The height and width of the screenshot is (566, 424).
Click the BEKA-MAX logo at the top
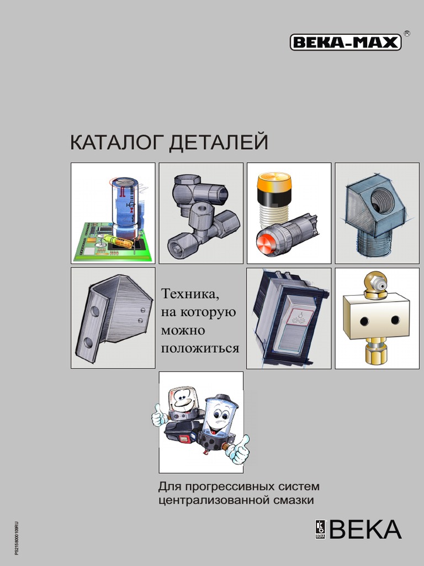coord(346,43)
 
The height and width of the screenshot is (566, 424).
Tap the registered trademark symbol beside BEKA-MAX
coord(407,33)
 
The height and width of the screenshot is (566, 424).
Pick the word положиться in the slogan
coord(200,348)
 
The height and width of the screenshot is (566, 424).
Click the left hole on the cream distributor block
coord(364,321)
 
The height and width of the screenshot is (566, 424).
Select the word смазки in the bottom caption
coord(294,501)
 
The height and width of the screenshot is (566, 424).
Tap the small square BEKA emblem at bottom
coord(320,529)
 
